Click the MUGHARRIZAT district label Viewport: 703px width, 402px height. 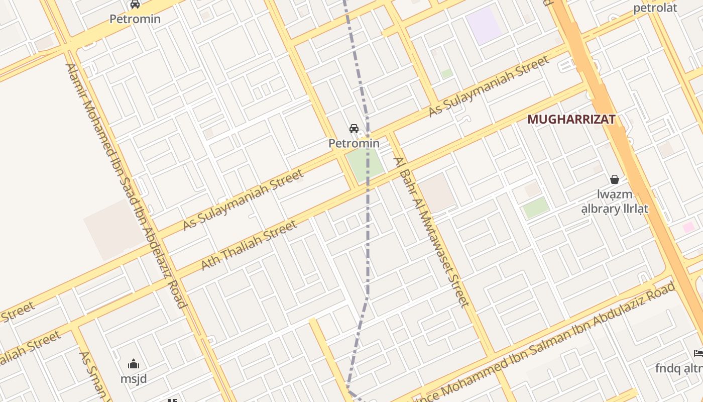coord(571,120)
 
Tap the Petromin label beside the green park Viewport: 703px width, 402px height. coord(354,143)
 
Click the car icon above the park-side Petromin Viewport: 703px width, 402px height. coord(354,129)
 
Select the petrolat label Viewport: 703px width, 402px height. coord(655,8)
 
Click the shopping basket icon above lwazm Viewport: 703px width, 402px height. coord(615,179)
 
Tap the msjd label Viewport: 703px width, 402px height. coord(134,378)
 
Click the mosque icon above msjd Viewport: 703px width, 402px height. coord(134,364)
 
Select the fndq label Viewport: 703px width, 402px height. coord(678,368)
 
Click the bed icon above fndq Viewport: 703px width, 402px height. coord(698,353)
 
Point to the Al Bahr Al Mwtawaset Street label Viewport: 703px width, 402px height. coord(432,232)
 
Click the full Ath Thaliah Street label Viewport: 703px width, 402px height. coord(250,245)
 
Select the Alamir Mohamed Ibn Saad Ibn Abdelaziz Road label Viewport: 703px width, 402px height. coord(126,185)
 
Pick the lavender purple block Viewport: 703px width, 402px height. coord(483,25)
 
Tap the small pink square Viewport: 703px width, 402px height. coord(688,227)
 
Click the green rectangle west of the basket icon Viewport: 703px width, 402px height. coord(536,208)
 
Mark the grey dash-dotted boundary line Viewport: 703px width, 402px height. coord(368,226)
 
